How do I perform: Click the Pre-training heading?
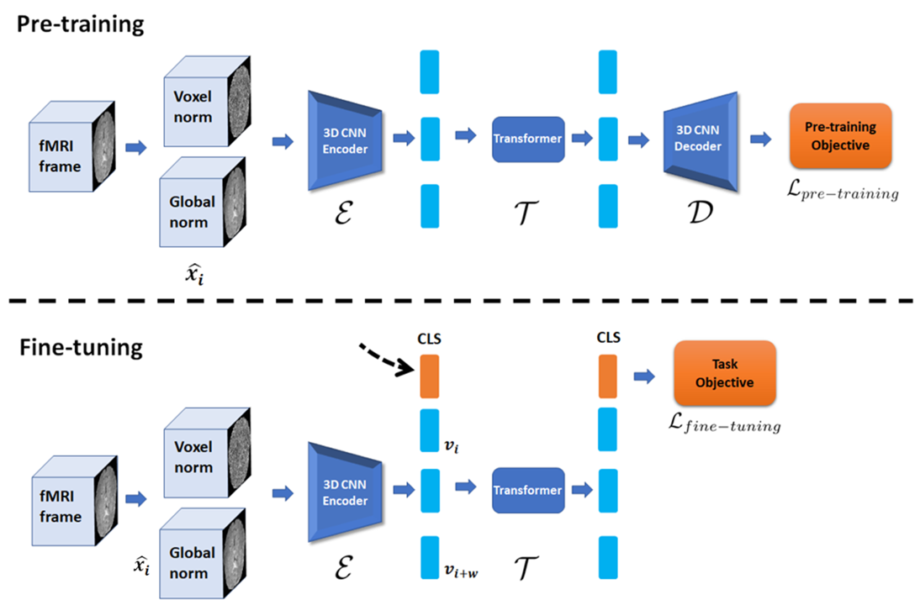coord(80,24)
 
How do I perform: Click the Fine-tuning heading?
coord(81,348)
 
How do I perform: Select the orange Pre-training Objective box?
coord(840,136)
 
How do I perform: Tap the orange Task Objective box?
coord(725,373)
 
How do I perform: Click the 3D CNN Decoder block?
coord(701,141)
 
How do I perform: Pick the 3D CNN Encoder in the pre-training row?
coord(345,140)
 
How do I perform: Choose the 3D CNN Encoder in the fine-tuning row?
coord(345,492)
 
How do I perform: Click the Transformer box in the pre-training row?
coord(528,139)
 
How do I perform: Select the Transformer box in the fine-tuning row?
coord(528,491)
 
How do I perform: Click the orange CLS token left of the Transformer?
coord(430,376)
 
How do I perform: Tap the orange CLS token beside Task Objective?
coord(608,376)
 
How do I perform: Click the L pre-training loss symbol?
coord(842,190)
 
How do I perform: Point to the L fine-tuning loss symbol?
coord(724,423)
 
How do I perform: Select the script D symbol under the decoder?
coord(700,213)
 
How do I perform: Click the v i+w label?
coord(461,571)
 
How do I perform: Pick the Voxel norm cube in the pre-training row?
coord(207,102)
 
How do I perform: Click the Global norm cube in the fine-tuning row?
coord(203,553)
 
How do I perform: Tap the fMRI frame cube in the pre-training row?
coord(72,146)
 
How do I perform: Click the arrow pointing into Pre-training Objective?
coord(761,139)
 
